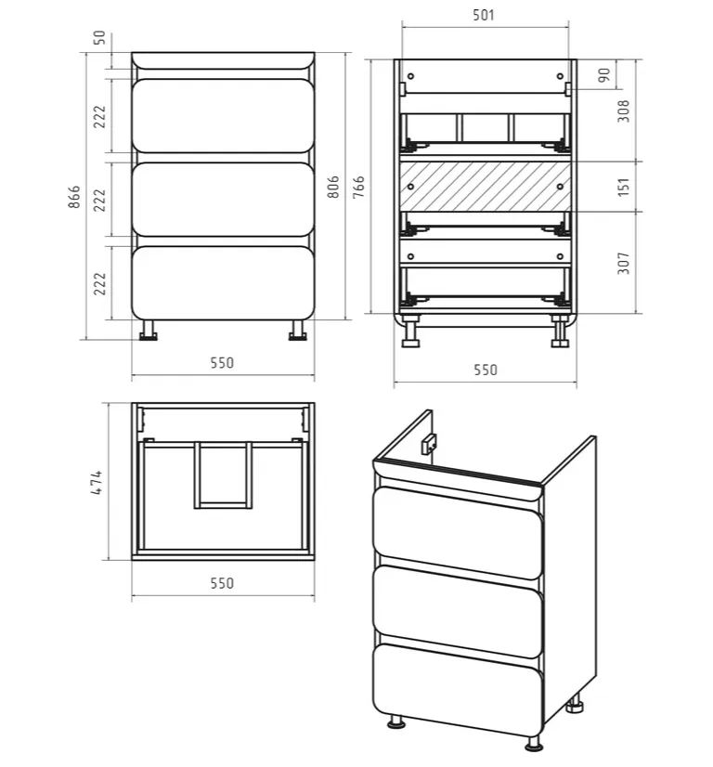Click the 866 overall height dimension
click(74, 197)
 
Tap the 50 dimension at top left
click(99, 37)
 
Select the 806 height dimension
click(333, 187)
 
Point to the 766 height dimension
click(359, 187)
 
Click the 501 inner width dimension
click(484, 15)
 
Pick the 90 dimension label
click(604, 75)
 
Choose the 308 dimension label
click(624, 111)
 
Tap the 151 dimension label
click(624, 187)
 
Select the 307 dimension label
click(624, 263)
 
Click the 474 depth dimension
click(97, 482)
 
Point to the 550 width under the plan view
click(222, 583)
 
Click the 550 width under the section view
click(486, 370)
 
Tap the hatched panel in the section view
click(486, 187)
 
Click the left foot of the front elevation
click(149, 331)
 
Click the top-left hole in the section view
click(410, 76)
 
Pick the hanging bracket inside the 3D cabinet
click(429, 444)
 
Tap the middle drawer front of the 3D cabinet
click(458, 611)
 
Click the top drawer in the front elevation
click(223, 116)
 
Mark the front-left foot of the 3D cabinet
click(396, 722)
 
